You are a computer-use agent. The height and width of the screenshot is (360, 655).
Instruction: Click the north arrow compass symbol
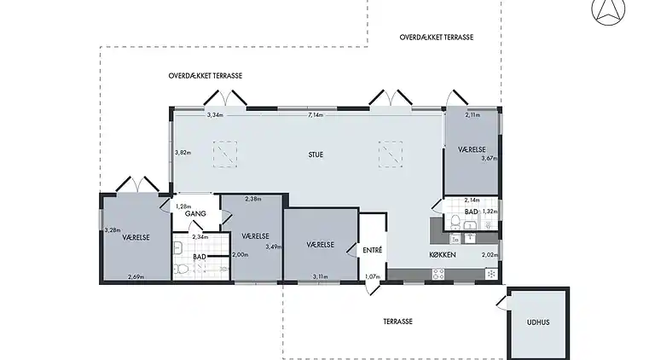(608, 10)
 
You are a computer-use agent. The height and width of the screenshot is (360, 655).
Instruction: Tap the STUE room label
(316, 155)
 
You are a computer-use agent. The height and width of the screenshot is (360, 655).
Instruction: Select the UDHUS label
(538, 322)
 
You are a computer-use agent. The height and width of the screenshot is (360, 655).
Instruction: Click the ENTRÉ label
(372, 250)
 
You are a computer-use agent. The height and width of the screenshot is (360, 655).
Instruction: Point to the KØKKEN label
(443, 255)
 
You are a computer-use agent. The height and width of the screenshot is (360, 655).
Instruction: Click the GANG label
(195, 214)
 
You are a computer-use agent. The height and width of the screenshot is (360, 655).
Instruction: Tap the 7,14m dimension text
(316, 115)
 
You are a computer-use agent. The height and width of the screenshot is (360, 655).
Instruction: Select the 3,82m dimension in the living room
(183, 153)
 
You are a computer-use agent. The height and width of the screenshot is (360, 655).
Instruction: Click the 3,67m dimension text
(490, 159)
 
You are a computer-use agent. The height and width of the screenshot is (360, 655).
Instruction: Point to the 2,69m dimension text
(136, 276)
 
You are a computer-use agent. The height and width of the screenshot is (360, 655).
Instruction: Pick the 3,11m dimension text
(320, 276)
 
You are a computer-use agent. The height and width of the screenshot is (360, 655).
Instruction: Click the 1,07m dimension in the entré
(373, 276)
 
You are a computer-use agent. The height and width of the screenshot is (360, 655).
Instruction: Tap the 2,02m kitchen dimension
(490, 255)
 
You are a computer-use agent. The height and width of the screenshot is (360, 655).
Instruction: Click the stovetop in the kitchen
(438, 275)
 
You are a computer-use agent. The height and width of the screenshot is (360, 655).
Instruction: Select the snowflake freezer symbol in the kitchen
(491, 274)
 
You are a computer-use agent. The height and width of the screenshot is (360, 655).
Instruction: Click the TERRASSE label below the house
(398, 322)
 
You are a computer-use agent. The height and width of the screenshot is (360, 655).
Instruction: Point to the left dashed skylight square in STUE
(225, 154)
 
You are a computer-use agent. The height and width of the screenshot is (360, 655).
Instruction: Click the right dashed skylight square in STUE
(391, 154)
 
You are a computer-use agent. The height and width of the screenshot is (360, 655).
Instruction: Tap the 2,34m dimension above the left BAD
(200, 237)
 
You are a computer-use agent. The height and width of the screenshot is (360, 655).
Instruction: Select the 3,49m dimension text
(274, 247)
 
